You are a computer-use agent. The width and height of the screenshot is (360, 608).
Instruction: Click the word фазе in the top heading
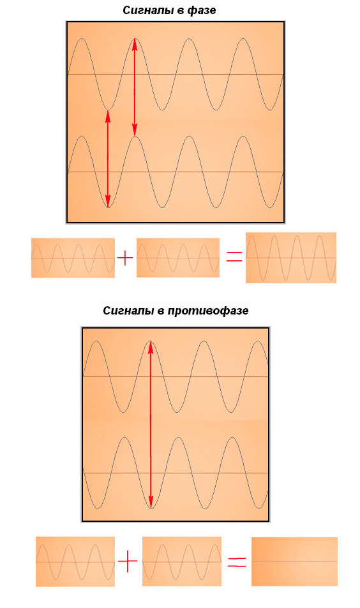202,11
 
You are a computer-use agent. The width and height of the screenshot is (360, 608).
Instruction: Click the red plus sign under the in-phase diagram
125,258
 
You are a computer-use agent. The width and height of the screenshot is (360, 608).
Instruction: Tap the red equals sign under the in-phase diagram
234,256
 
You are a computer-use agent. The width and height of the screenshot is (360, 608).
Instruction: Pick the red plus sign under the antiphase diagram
128,561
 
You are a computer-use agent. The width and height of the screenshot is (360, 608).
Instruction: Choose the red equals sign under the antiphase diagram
237,562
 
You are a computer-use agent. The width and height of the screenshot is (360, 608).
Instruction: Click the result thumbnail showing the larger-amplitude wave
291,258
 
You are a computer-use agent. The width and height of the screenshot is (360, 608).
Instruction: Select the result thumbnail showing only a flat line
294,561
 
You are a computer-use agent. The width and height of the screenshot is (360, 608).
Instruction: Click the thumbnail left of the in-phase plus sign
73,258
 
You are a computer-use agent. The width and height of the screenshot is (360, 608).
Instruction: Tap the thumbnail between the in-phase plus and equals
178,258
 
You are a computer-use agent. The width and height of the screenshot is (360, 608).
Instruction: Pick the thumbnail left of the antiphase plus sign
75,561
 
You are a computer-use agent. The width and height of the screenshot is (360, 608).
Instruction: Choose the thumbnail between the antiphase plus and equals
182,561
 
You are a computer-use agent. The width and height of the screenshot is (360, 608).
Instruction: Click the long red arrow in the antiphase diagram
151,425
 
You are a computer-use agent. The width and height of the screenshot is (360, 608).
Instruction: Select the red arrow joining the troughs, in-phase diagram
108,159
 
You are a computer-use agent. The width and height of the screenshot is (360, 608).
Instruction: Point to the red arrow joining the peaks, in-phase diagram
135,87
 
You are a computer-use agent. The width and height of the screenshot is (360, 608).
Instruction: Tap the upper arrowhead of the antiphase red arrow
151,347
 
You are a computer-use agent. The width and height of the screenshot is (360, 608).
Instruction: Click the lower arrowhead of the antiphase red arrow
151,502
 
